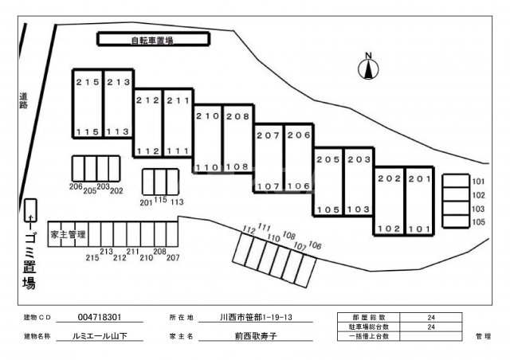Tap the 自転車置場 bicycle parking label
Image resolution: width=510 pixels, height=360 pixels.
coord(152,38)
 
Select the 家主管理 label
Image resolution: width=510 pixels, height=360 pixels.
coord(67,235)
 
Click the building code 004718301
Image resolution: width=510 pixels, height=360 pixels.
coord(100,317)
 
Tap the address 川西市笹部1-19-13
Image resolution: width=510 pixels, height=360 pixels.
coord(255,317)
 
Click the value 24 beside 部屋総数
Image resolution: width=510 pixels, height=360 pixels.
coord(432,317)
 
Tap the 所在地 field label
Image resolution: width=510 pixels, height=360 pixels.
coord(182,317)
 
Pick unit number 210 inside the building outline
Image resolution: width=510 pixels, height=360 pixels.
coord(206,116)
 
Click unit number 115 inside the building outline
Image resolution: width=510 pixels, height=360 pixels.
coord(87,132)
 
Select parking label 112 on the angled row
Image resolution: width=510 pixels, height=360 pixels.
coord(249,230)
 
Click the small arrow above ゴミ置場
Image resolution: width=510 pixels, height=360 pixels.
coord(30,215)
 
